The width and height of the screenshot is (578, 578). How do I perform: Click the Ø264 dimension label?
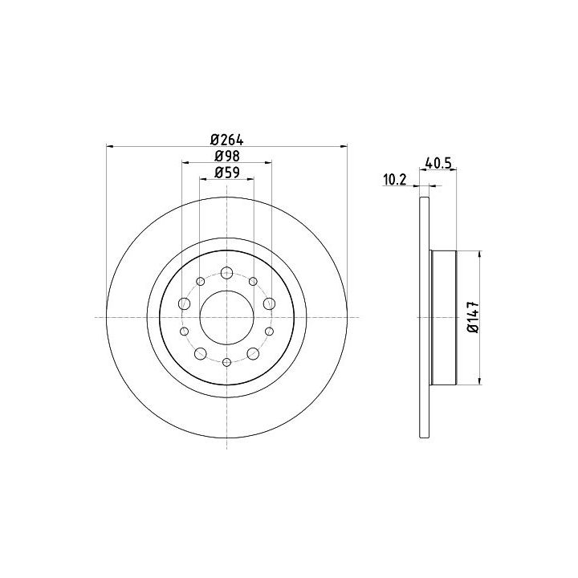pos(227,140)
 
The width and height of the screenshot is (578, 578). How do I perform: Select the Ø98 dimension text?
pos(227,157)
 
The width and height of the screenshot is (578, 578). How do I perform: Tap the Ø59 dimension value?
pos(227,173)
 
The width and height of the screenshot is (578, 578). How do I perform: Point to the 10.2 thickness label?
pos(394,180)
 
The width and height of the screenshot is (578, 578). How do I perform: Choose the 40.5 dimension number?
pos(438,163)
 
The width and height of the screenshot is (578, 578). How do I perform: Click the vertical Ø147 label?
pos(474,317)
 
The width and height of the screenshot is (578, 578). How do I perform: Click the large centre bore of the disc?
pos(226,317)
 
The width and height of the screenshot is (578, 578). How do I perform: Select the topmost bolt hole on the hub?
pos(226,273)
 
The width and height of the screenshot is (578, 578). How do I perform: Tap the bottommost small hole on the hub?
pos(226,362)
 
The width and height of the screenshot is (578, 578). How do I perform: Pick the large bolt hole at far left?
pos(185,304)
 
